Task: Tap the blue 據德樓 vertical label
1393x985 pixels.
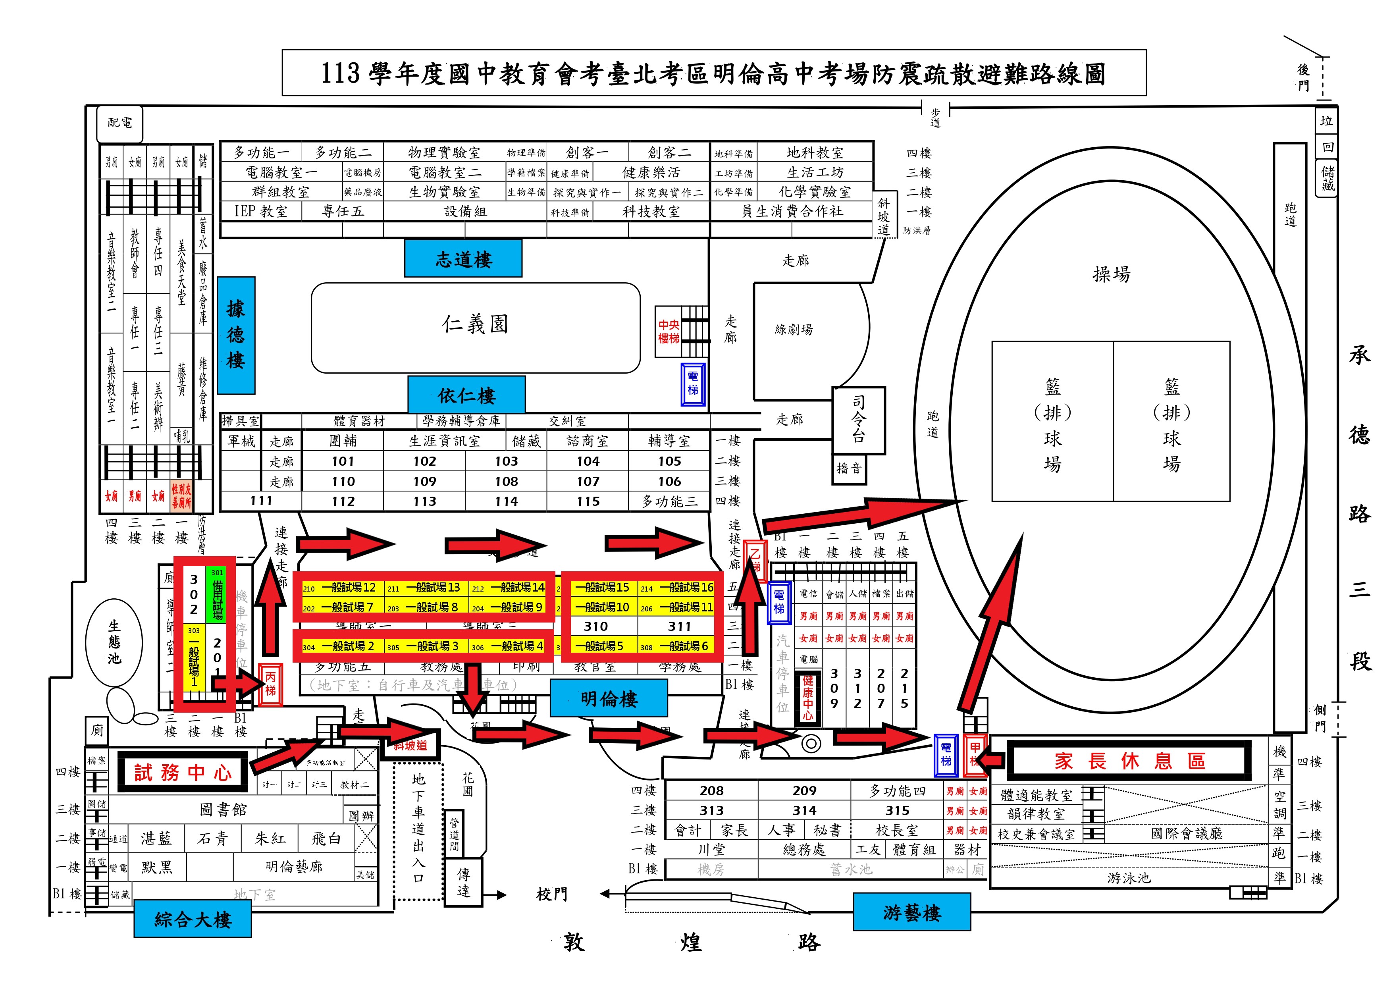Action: (236, 335)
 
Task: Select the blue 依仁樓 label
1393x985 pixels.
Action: (466, 395)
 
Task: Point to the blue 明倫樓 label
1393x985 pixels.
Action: (609, 698)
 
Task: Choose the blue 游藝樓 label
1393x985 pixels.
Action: (911, 912)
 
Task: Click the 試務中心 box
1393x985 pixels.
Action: (183, 772)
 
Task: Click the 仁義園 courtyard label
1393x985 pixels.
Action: (475, 325)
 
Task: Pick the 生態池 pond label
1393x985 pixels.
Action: (114, 642)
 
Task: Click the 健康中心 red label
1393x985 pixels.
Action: (807, 698)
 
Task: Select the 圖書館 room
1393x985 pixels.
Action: (223, 810)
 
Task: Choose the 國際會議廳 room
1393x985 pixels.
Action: (1186, 833)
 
